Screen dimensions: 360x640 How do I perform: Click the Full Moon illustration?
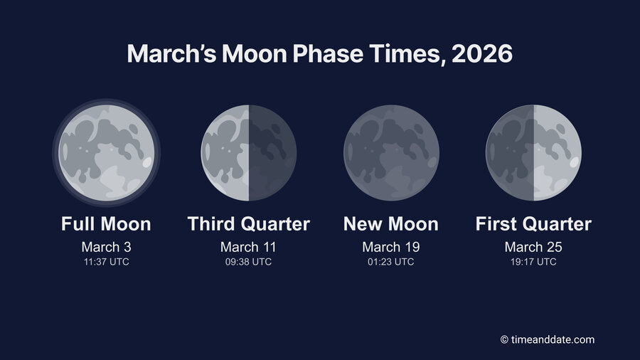pyautogui.click(x=106, y=152)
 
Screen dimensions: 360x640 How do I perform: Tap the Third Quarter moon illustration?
pyautogui.click(x=248, y=152)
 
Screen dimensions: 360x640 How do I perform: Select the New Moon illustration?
pyautogui.click(x=391, y=152)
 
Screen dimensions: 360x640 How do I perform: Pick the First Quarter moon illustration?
pyautogui.click(x=533, y=152)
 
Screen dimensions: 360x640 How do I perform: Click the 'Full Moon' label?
pyautogui.click(x=106, y=224)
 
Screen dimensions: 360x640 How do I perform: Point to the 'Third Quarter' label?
pyautogui.click(x=248, y=224)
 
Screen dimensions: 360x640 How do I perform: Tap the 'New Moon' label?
pyautogui.click(x=391, y=224)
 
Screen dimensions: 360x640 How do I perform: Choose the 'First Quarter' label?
pyautogui.click(x=533, y=224)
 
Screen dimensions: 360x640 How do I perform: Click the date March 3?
pyautogui.click(x=106, y=247)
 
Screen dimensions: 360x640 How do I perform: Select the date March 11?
pyautogui.click(x=248, y=247)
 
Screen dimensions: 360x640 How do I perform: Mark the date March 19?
pyautogui.click(x=391, y=247)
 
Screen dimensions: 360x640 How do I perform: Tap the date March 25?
pyautogui.click(x=533, y=247)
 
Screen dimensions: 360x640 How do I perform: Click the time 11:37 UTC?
pyautogui.click(x=106, y=262)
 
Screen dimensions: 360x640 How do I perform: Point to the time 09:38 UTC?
pyautogui.click(x=248, y=262)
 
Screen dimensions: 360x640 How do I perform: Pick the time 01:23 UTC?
pyautogui.click(x=391, y=262)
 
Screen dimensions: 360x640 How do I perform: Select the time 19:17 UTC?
pyautogui.click(x=533, y=262)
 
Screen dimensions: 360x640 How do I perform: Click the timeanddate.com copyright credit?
pyautogui.click(x=547, y=340)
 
